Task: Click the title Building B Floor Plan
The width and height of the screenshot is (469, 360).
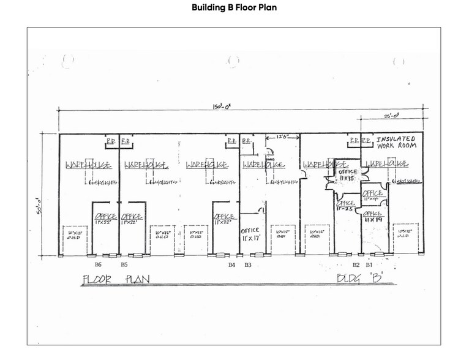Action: coord(234,8)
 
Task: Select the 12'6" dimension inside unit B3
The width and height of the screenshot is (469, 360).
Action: coord(282,137)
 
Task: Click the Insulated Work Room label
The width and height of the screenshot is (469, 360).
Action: coord(396,143)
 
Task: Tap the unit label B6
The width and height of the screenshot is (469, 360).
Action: coord(97,265)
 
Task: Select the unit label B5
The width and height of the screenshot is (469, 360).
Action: coord(124,265)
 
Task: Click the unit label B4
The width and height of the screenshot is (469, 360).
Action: coord(231,265)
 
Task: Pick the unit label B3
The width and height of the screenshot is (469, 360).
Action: coord(247,265)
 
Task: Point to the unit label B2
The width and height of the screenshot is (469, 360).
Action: coord(355,265)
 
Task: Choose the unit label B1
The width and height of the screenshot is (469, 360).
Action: coord(369,265)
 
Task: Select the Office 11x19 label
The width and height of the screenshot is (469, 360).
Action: coord(373,217)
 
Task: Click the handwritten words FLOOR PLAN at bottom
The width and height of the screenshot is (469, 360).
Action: coord(116,280)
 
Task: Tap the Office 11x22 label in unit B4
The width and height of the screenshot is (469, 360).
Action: coord(224,219)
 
